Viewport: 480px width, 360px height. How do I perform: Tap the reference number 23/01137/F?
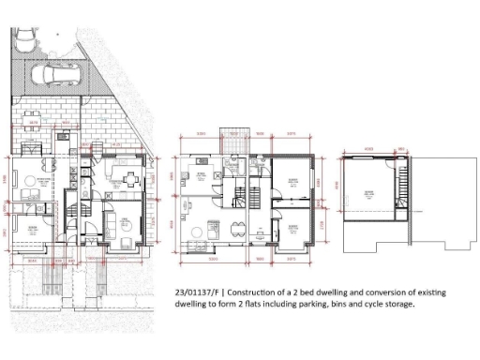point(202,292)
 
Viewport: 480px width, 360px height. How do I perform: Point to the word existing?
point(445,292)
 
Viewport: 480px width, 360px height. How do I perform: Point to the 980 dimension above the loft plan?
point(401,147)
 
